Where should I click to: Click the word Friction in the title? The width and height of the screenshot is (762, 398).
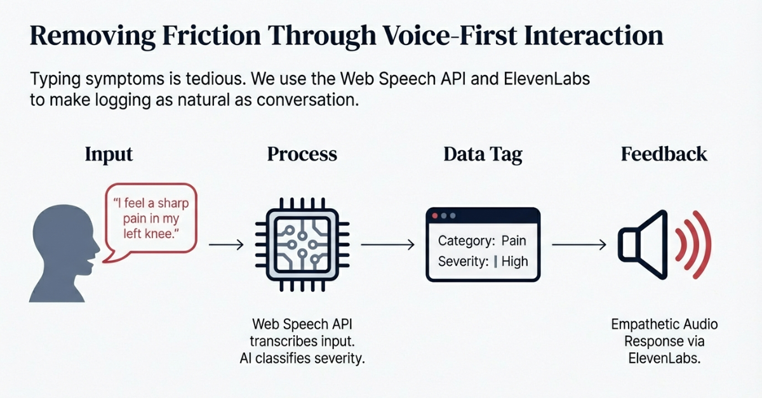pyautogui.click(x=211, y=36)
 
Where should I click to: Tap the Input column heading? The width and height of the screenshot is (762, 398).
pyautogui.click(x=109, y=155)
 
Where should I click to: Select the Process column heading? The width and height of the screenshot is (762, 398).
pyautogui.click(x=302, y=154)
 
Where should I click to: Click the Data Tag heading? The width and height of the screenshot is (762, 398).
pyautogui.click(x=483, y=155)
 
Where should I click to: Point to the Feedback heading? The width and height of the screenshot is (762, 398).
pyautogui.click(x=664, y=154)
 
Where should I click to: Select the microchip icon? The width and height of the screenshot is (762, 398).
pyautogui.click(x=302, y=244)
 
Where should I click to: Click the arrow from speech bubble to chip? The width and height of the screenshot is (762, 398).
pyautogui.click(x=226, y=244)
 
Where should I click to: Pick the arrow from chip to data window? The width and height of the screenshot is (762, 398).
pyautogui.click(x=388, y=244)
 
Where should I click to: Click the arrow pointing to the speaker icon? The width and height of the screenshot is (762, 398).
pyautogui.click(x=579, y=244)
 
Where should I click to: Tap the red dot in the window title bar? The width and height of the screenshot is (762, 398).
pyautogui.click(x=435, y=216)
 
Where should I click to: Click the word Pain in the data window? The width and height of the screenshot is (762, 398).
pyautogui.click(x=514, y=241)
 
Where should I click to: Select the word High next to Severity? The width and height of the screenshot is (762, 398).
pyautogui.click(x=515, y=262)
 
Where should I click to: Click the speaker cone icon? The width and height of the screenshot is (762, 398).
pyautogui.click(x=643, y=245)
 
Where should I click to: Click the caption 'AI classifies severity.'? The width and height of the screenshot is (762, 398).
pyautogui.click(x=302, y=358)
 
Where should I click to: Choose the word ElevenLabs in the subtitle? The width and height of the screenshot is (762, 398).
pyautogui.click(x=547, y=79)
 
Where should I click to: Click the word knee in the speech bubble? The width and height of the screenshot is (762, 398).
pyautogui.click(x=157, y=234)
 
